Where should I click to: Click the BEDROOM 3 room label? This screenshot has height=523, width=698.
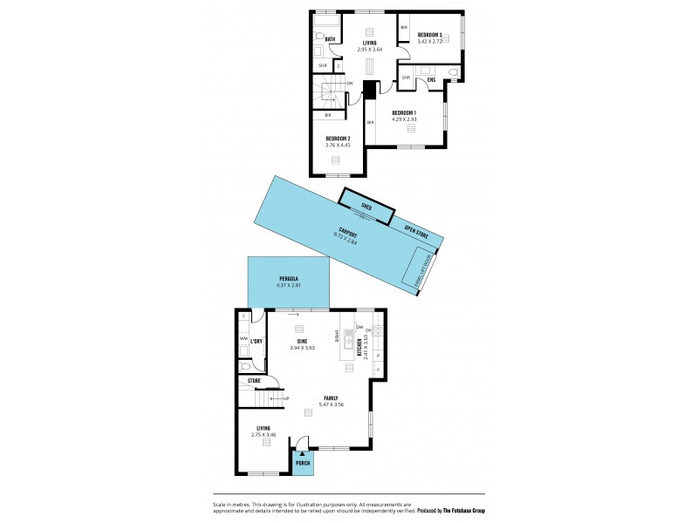pos(429,35)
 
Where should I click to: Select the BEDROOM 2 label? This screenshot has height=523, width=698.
pos(338,139)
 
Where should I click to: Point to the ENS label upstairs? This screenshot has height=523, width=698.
pos(431,79)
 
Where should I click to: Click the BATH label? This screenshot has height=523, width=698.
pos(330,39)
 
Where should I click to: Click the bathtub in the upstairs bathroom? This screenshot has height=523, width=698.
pos(326,24)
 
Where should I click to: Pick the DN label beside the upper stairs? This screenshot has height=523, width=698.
pos(349,84)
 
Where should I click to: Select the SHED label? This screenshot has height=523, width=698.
pos(366,207)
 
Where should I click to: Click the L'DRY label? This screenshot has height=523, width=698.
pos(257,341)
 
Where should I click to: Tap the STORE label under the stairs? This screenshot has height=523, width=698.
pos(254,381)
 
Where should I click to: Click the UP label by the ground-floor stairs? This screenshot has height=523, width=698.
pos(284,398)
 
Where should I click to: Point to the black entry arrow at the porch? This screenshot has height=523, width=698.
pos(303,453)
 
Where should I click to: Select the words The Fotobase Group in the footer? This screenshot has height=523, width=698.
pos(457,511)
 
